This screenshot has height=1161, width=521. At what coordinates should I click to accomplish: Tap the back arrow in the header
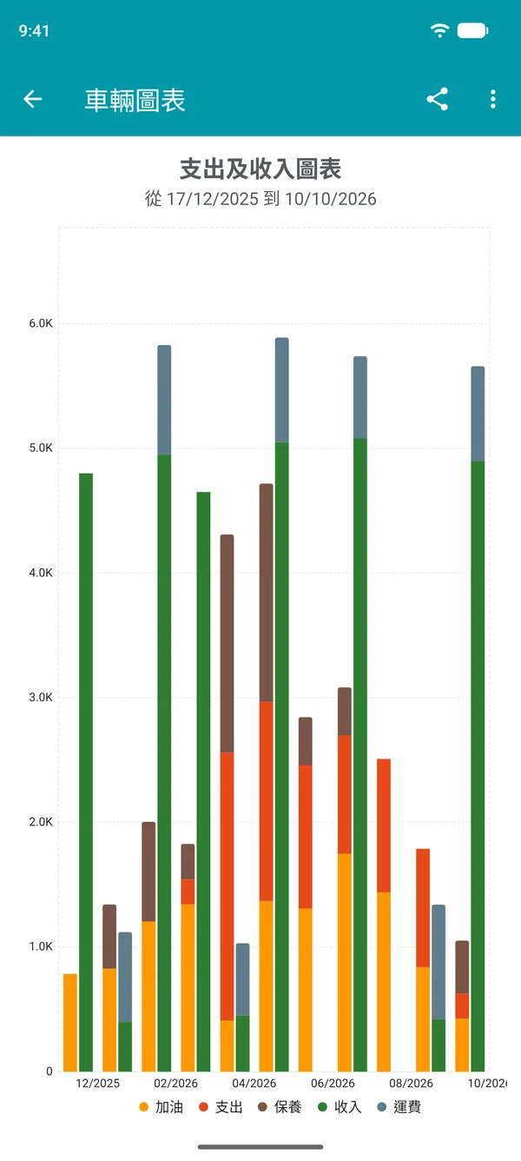pyautogui.click(x=32, y=99)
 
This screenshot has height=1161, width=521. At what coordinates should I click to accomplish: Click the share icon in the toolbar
pyautogui.click(x=437, y=99)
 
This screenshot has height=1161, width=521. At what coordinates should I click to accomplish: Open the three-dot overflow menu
pyautogui.click(x=492, y=99)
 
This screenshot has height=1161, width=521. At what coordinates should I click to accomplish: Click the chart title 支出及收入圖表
pyautogui.click(x=260, y=169)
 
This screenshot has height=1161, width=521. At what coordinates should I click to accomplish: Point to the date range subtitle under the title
pyautogui.click(x=260, y=198)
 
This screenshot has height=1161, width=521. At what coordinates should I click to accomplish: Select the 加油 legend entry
pyautogui.click(x=161, y=1106)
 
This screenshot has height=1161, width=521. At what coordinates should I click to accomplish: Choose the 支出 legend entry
pyautogui.click(x=221, y=1106)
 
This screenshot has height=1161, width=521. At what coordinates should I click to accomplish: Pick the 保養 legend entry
pyautogui.click(x=280, y=1106)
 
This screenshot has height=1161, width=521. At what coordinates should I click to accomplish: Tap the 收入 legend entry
pyautogui.click(x=340, y=1106)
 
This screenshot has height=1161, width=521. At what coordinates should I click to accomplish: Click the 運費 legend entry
pyautogui.click(x=399, y=1106)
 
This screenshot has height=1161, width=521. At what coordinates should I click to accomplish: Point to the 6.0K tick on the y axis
pyautogui.click(x=41, y=323)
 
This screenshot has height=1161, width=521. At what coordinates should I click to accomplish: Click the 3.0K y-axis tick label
pyautogui.click(x=41, y=697)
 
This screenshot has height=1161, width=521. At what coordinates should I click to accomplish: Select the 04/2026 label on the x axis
pyautogui.click(x=254, y=1083)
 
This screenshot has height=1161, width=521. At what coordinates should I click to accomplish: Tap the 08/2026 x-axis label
pyautogui.click(x=412, y=1083)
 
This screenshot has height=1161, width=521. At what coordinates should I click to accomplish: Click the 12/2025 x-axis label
pyautogui.click(x=97, y=1083)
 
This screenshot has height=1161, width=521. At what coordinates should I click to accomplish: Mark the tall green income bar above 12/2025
pyautogui.click(x=86, y=772)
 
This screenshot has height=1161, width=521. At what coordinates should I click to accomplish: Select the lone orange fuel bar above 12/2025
pyautogui.click(x=70, y=1022)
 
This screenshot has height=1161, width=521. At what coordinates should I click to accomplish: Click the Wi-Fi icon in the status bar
pyautogui.click(x=439, y=30)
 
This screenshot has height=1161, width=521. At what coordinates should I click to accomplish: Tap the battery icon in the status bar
pyautogui.click(x=473, y=30)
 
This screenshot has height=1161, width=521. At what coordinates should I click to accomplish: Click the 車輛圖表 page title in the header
pyautogui.click(x=135, y=100)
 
